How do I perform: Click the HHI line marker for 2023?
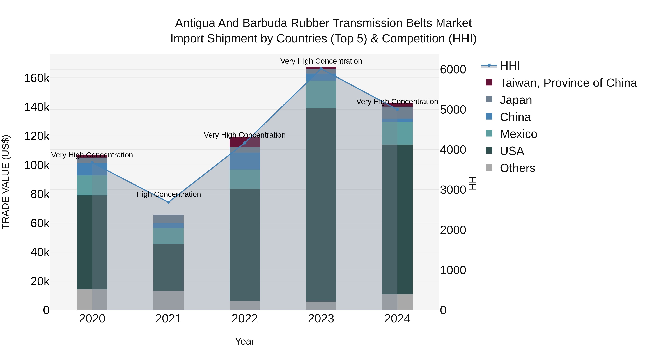click(x=321, y=69)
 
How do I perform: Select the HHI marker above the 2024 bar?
click(x=397, y=109)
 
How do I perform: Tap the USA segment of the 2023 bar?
click(x=321, y=205)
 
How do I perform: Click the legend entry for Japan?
click(x=516, y=100)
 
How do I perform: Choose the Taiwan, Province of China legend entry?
click(x=568, y=83)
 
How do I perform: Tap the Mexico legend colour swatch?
click(x=489, y=133)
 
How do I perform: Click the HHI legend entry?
click(x=510, y=66)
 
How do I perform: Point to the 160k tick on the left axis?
click(x=37, y=78)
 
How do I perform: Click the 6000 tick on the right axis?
click(x=453, y=70)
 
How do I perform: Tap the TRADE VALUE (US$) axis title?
click(x=6, y=182)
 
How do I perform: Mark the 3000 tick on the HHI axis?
click(x=453, y=190)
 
